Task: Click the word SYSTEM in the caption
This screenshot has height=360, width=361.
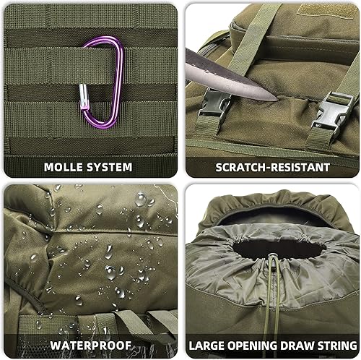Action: [110, 167]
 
